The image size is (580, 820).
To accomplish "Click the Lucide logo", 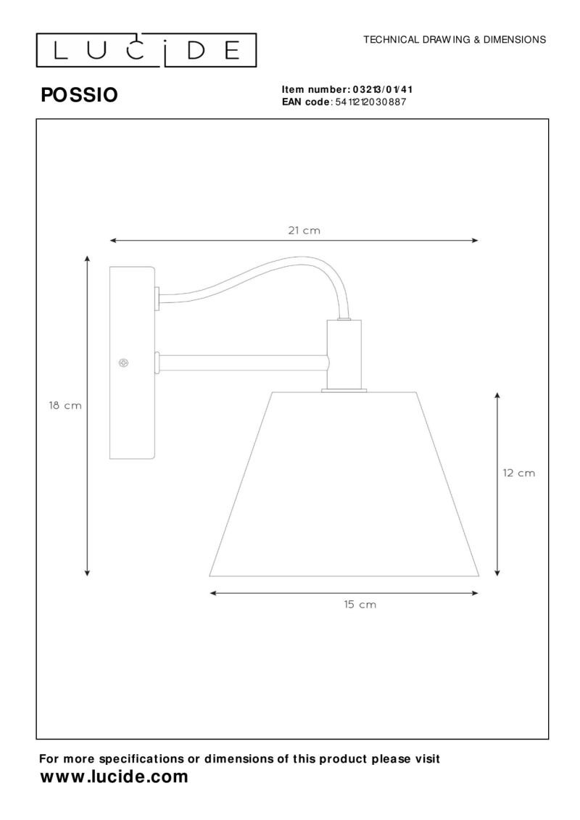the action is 146,50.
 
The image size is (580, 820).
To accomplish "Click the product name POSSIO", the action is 80,95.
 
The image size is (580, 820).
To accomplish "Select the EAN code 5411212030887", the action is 374,102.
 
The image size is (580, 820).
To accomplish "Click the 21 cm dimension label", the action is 304,230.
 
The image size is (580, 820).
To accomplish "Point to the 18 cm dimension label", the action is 65,405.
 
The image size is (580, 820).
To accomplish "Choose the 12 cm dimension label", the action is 519,473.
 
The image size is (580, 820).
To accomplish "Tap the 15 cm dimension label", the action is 360,605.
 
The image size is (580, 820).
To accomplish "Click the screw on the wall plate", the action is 124,363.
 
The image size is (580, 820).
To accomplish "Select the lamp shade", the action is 344,484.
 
